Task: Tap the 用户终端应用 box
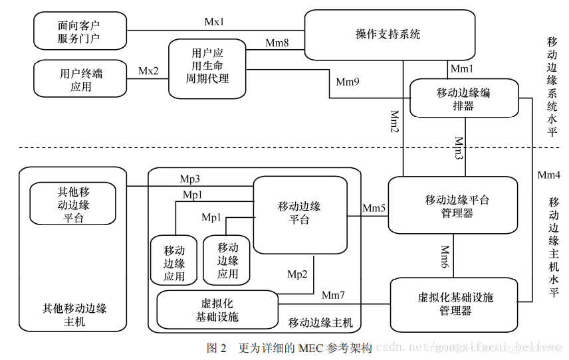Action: [x=81, y=79]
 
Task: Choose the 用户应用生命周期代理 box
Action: [x=207, y=68]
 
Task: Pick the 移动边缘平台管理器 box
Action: [x=453, y=205]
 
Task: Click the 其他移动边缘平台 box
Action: [x=73, y=204]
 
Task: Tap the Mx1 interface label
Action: [x=214, y=22]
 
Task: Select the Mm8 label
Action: [x=277, y=43]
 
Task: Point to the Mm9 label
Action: [x=348, y=82]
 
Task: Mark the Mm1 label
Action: [x=462, y=68]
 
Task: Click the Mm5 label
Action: [x=374, y=208]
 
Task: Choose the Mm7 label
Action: [x=334, y=294]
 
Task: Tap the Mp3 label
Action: [x=190, y=179]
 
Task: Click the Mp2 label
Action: [x=297, y=273]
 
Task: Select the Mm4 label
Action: [x=550, y=175]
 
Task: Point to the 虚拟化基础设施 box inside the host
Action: [x=217, y=310]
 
